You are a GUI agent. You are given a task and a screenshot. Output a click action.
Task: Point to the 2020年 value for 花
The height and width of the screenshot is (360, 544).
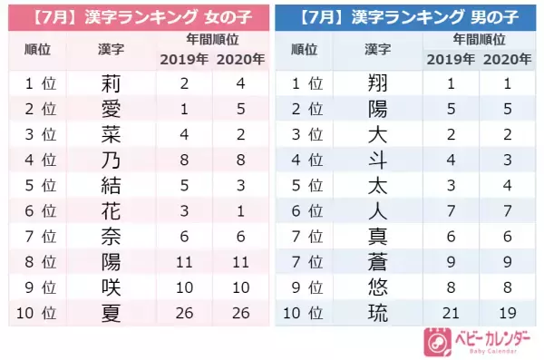pos(239,212)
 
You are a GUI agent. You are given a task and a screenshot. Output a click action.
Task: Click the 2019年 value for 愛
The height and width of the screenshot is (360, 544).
pos(184,110)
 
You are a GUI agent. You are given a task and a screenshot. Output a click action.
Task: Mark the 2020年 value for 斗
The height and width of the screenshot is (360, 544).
pos(509,161)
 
